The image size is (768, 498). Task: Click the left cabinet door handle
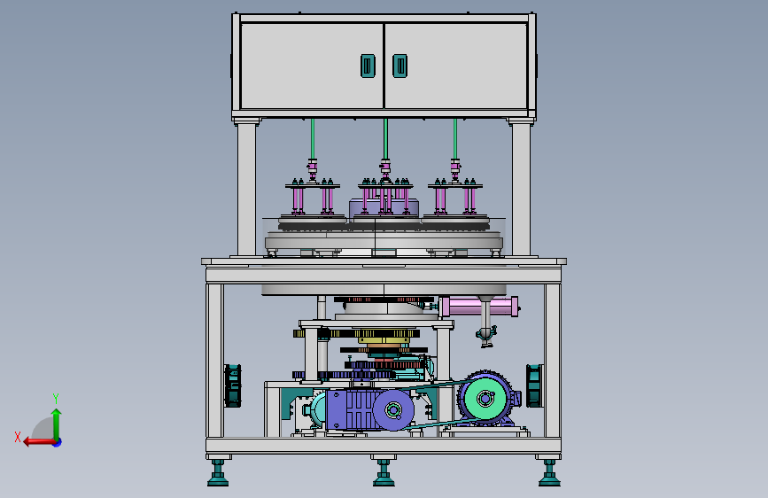(x=368, y=66)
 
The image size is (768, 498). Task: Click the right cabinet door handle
(x=400, y=66)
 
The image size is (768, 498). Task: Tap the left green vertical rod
(x=313, y=139)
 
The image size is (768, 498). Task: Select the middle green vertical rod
(x=386, y=139)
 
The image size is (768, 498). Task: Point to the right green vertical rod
(x=455, y=139)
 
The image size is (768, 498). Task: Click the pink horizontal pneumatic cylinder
(x=479, y=307)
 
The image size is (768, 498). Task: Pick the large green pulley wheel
(x=485, y=398)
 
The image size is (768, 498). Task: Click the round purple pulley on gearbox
(x=393, y=409)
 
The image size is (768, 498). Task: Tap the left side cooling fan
(x=233, y=385)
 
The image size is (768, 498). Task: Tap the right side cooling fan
(x=534, y=385)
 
